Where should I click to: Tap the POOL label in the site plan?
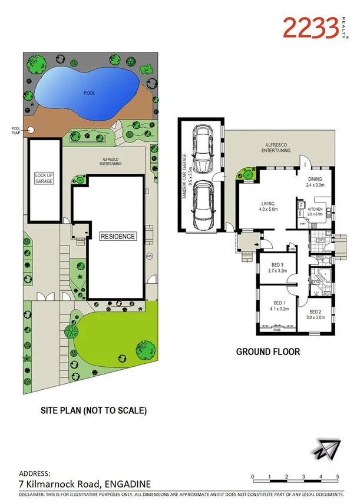(89, 93)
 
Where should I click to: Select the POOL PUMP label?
(15, 131)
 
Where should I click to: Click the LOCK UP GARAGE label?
(44, 178)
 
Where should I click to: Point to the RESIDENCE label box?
(117, 236)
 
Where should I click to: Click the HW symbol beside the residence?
(149, 256)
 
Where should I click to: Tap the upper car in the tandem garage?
(202, 148)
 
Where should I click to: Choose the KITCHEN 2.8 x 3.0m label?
(316, 212)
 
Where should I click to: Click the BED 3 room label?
(277, 268)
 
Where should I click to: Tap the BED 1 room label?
(277, 304)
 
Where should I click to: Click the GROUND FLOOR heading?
(268, 352)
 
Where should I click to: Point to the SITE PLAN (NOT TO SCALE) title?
(93, 410)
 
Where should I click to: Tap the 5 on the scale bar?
(337, 476)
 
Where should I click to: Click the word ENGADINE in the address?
(126, 483)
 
